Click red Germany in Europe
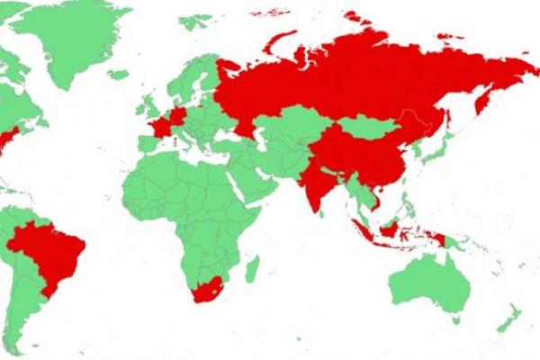178,117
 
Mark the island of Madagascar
253,268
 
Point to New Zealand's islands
509,317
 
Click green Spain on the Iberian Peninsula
147,144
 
